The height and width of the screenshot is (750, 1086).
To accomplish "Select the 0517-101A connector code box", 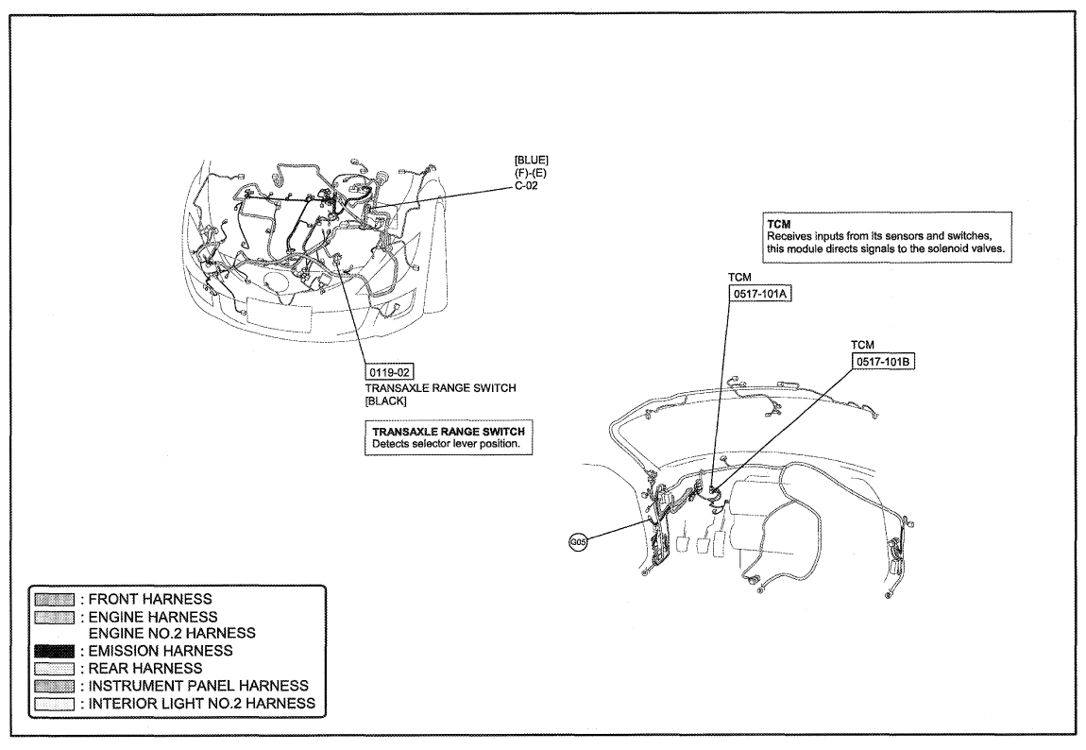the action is pyautogui.click(x=760, y=293).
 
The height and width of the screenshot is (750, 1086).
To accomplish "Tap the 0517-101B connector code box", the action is pyautogui.click(x=883, y=361).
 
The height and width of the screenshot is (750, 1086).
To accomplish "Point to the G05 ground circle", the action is pyautogui.click(x=578, y=542).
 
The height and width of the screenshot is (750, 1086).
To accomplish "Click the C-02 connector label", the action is pyautogui.click(x=526, y=185).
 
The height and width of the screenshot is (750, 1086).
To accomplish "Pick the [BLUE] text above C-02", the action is pyautogui.click(x=532, y=161).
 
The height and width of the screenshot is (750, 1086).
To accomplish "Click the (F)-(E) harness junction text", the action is pyautogui.click(x=531, y=173).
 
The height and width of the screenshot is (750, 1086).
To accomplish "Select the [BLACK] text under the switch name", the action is pyautogui.click(x=386, y=401).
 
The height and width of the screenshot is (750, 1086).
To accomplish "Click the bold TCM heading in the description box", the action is pyautogui.click(x=778, y=225).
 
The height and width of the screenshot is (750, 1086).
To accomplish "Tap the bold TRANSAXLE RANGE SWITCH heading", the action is pyautogui.click(x=449, y=432).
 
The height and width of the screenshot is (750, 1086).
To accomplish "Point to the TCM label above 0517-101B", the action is pyautogui.click(x=862, y=345).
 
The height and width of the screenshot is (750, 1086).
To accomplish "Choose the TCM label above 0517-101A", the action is pyautogui.click(x=739, y=277).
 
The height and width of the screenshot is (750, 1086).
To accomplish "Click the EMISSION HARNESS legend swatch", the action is pyautogui.click(x=54, y=651).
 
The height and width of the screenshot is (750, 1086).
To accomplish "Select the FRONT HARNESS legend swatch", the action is pyautogui.click(x=54, y=599).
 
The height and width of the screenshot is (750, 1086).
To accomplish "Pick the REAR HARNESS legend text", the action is pyautogui.click(x=145, y=668).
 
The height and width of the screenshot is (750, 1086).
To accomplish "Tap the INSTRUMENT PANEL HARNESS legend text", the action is pyautogui.click(x=198, y=686).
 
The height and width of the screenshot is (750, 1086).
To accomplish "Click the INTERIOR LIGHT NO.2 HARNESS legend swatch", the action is pyautogui.click(x=54, y=704).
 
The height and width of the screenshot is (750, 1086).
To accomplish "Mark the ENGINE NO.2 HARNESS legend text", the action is pyautogui.click(x=172, y=633).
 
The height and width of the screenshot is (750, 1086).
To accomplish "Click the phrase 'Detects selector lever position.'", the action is pyautogui.click(x=446, y=444).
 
